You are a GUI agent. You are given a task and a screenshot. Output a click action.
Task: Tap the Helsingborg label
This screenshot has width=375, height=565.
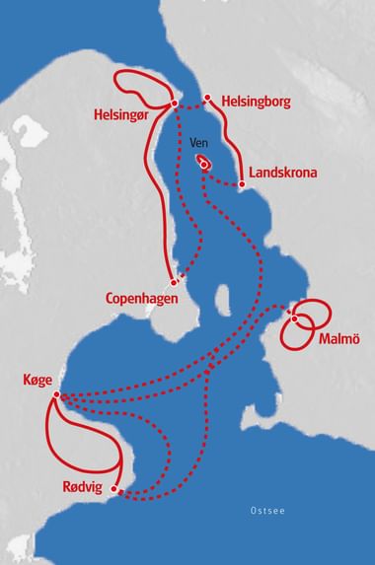[255, 101]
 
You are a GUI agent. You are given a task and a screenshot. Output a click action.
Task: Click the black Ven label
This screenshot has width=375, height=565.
[198, 144]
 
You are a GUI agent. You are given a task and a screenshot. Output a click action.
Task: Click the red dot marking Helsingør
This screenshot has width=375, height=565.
[174, 104]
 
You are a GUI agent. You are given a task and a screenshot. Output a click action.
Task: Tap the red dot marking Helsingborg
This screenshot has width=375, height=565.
[208, 98]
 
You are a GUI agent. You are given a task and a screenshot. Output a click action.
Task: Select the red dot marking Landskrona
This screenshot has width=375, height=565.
[243, 182]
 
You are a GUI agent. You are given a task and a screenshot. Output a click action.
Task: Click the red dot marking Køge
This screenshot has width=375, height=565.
[57, 396]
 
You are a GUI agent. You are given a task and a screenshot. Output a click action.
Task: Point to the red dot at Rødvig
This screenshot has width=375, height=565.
[116, 487]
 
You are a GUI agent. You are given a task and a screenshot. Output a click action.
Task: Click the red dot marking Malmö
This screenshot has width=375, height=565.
[295, 318]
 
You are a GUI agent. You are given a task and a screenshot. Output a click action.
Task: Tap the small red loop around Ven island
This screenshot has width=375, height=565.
[205, 163]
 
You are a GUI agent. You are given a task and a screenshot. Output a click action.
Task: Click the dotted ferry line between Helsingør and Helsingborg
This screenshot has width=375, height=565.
[190, 102]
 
